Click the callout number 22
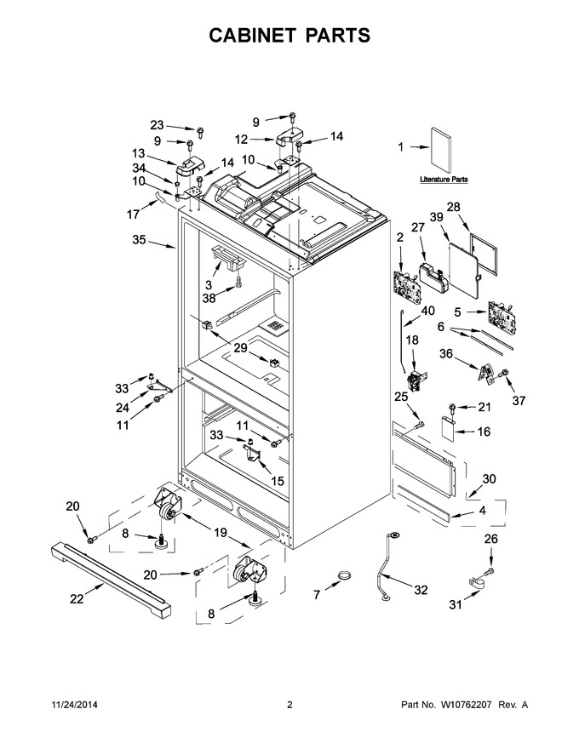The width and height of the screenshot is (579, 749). pyautogui.click(x=77, y=598)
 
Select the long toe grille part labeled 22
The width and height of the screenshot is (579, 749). pyautogui.click(x=111, y=579)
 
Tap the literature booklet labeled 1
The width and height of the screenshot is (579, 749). pyautogui.click(x=440, y=151)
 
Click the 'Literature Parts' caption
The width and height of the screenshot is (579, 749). pyautogui.click(x=444, y=180)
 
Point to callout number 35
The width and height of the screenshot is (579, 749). pyautogui.click(x=139, y=239)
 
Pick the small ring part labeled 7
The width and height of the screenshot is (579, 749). pyautogui.click(x=343, y=575)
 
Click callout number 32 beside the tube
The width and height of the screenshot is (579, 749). pyautogui.click(x=421, y=590)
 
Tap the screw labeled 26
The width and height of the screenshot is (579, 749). pyautogui.click(x=490, y=570)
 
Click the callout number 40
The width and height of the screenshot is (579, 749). pyautogui.click(x=427, y=311)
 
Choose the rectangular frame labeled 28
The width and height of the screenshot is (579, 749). pyautogui.click(x=483, y=249)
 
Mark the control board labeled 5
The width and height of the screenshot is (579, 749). pyautogui.click(x=501, y=318)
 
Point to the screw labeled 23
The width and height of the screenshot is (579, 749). pyautogui.click(x=201, y=131)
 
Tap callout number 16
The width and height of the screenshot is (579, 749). pyautogui.click(x=484, y=432)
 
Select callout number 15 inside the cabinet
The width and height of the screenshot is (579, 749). pyautogui.click(x=278, y=481)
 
